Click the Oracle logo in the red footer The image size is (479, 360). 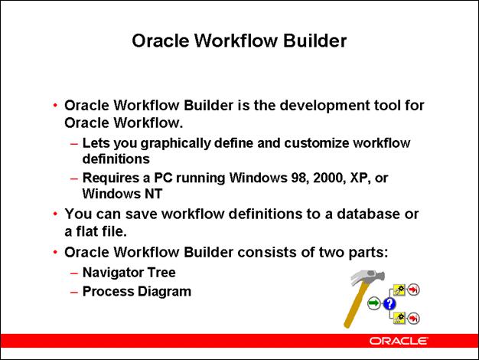coord(398,339)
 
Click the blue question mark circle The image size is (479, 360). coord(390,305)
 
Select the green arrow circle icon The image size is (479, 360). coord(373,305)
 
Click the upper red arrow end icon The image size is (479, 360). coord(414,290)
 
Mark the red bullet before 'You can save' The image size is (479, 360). coord(55,215)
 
